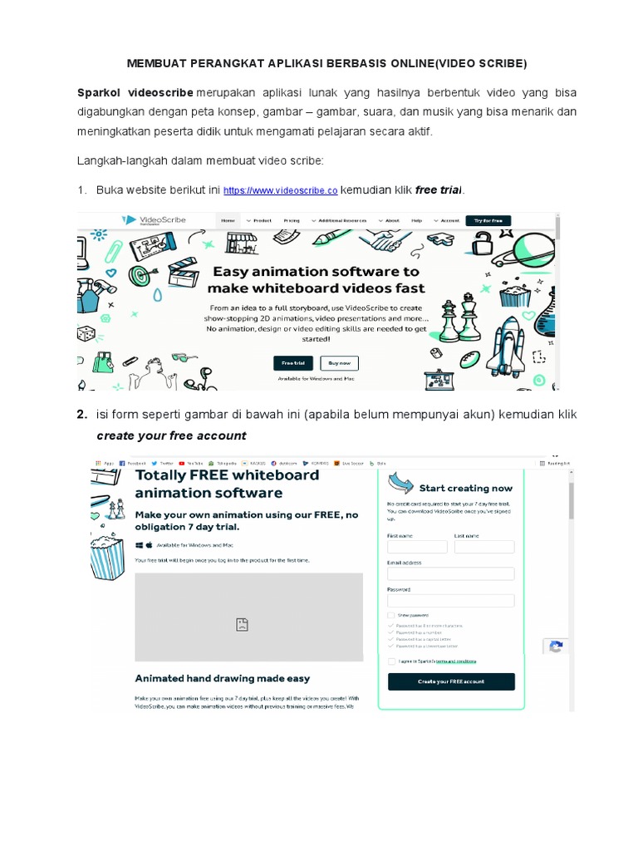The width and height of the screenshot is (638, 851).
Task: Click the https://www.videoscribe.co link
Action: pyautogui.click(x=281, y=191)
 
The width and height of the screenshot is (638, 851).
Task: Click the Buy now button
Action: pyautogui.click(x=340, y=363)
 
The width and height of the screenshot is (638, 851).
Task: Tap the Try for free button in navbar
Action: pyautogui.click(x=488, y=221)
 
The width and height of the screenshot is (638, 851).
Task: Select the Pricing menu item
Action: pyautogui.click(x=292, y=221)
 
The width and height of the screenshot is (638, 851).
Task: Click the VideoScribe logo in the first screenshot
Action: pyautogui.click(x=154, y=220)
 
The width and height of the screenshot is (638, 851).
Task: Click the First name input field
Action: pyautogui.click(x=417, y=547)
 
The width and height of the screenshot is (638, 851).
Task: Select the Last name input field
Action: pyautogui.click(x=483, y=547)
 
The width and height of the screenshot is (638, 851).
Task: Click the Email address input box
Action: pyautogui.click(x=450, y=573)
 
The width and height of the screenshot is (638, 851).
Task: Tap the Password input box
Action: pyautogui.click(x=450, y=600)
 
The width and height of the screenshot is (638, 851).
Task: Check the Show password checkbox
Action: pyautogui.click(x=391, y=615)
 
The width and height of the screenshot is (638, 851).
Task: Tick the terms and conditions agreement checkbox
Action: pyautogui.click(x=391, y=662)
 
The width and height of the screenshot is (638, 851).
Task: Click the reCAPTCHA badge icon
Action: pyautogui.click(x=556, y=647)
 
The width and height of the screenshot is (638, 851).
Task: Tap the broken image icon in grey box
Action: pyautogui.click(x=242, y=623)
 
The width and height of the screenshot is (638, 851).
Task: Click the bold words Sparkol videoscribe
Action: pyautogui.click(x=135, y=91)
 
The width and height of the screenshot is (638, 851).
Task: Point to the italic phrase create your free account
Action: pyautogui.click(x=171, y=435)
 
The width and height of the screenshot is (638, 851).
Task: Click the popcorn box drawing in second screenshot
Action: pyautogui.click(x=108, y=553)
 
